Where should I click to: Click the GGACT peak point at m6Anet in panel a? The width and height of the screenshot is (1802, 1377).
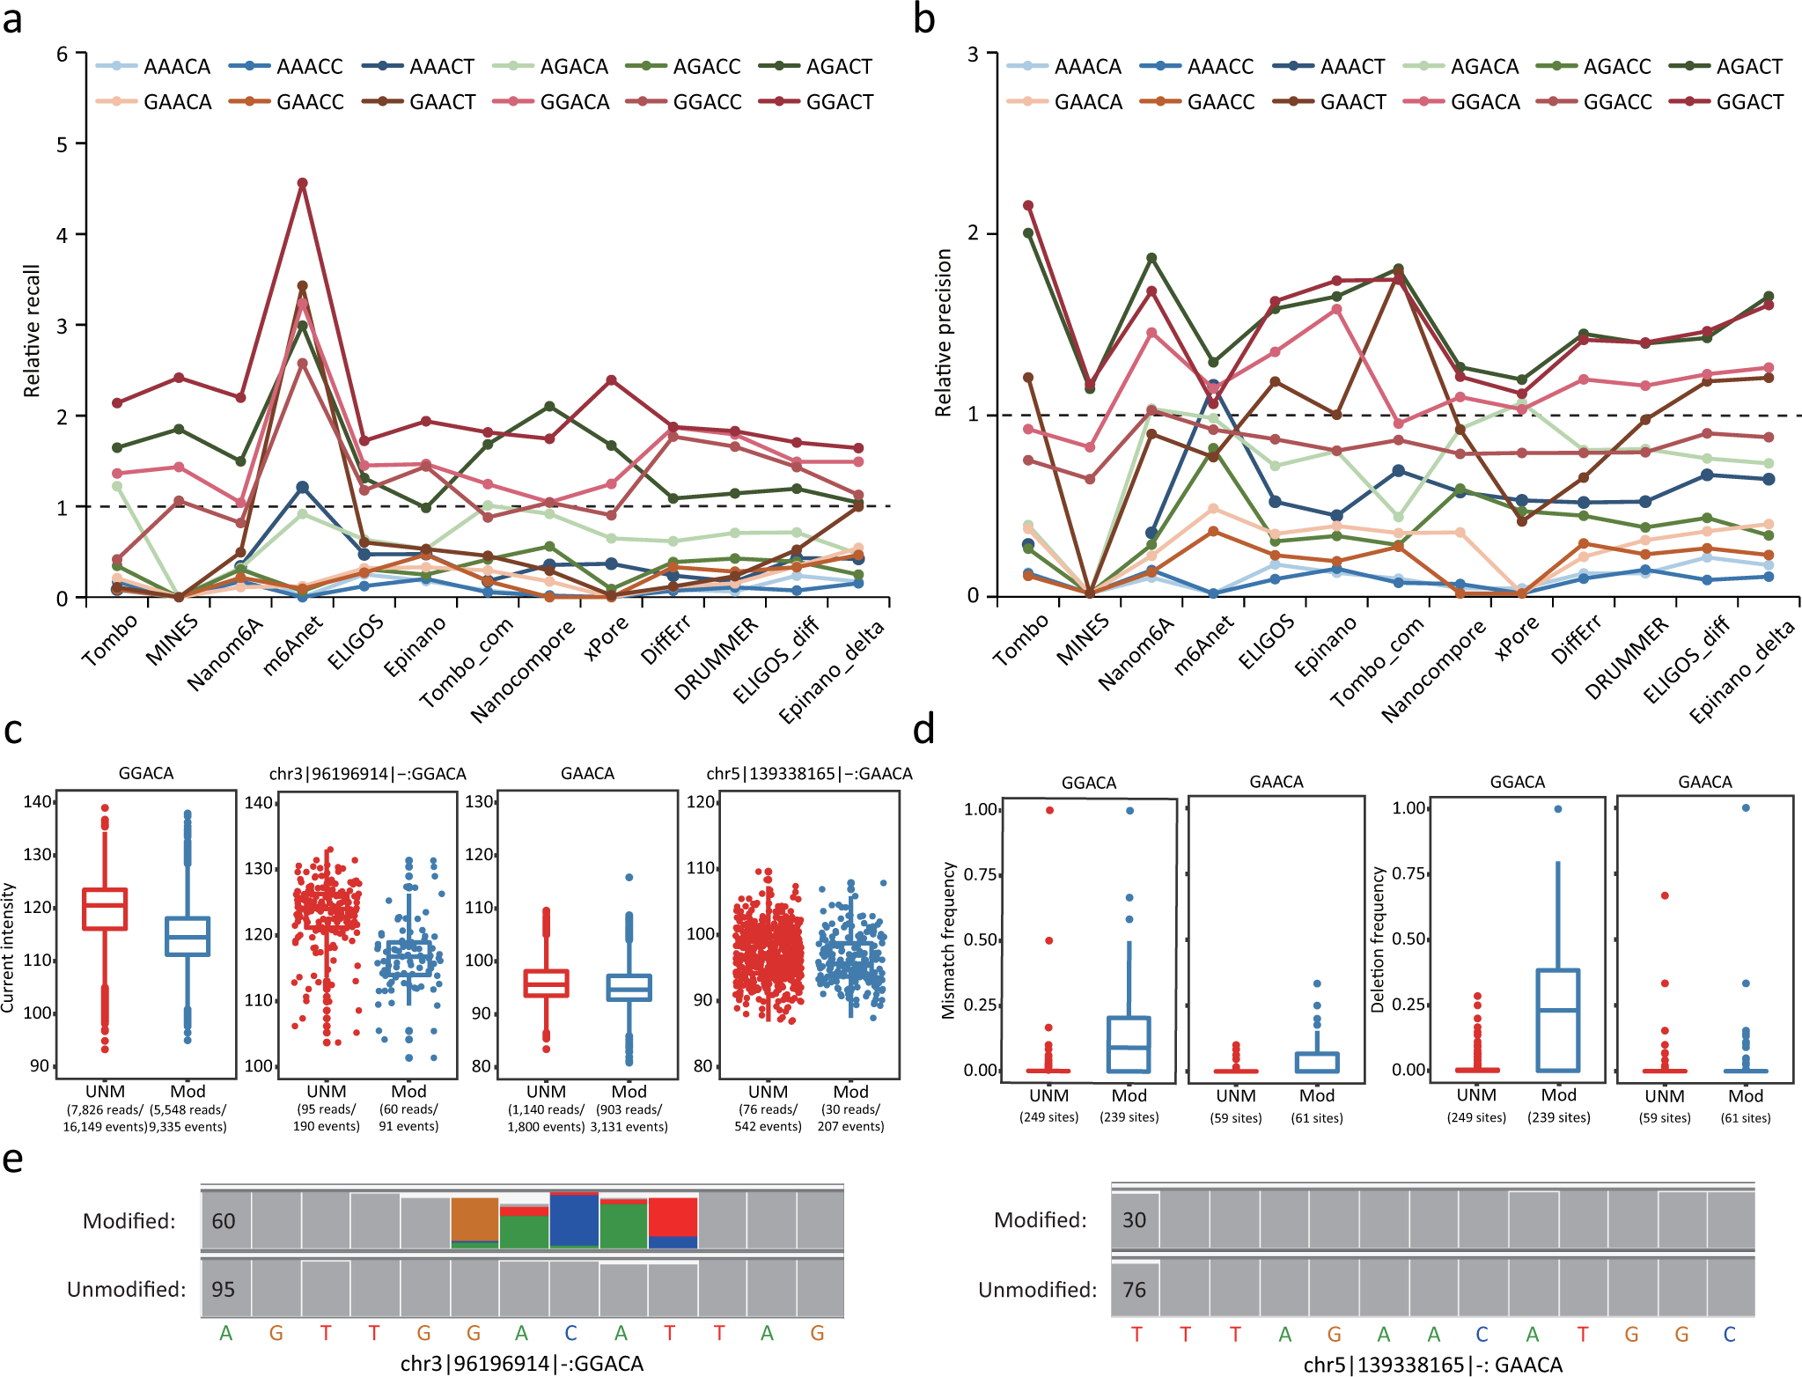(302, 183)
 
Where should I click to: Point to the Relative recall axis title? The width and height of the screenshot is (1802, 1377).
(32, 330)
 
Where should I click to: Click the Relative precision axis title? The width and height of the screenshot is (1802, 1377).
(944, 332)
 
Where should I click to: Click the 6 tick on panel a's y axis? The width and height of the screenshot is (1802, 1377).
(62, 55)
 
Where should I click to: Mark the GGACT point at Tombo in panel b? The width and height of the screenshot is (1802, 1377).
(1027, 206)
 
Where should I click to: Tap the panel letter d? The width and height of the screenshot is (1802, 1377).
(923, 731)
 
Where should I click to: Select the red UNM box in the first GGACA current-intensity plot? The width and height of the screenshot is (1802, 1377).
(105, 909)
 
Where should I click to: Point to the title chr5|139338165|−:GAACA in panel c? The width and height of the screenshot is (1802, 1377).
(809, 774)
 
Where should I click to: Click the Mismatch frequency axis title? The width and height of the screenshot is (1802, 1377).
(948, 939)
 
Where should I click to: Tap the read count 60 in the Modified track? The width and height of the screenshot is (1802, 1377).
(224, 1221)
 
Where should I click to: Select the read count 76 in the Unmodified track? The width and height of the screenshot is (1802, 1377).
(1134, 1290)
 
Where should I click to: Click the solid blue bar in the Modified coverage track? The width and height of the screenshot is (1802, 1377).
(574, 1219)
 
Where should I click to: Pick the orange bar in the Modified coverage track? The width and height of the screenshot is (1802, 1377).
(474, 1219)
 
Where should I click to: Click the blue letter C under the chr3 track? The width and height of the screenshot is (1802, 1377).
(571, 1333)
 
